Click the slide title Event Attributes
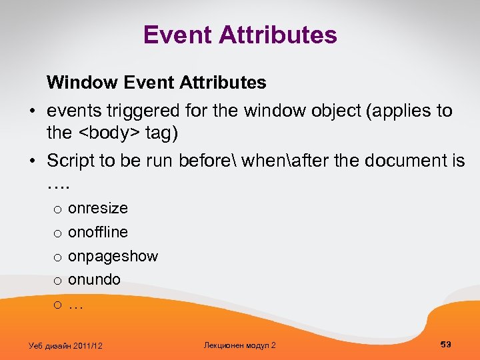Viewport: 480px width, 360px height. coord(240,35)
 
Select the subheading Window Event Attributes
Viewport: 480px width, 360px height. coord(156,83)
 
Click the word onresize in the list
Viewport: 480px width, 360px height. coord(98,208)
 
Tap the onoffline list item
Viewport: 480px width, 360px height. coord(98,232)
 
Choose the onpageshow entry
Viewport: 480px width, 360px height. coord(113,256)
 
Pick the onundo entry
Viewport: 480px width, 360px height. coord(94,280)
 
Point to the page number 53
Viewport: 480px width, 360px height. coord(446,344)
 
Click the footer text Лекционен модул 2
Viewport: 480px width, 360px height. coord(239,345)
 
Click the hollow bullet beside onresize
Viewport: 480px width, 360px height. coord(58,209)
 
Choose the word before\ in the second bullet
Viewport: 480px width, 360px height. coord(213,161)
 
